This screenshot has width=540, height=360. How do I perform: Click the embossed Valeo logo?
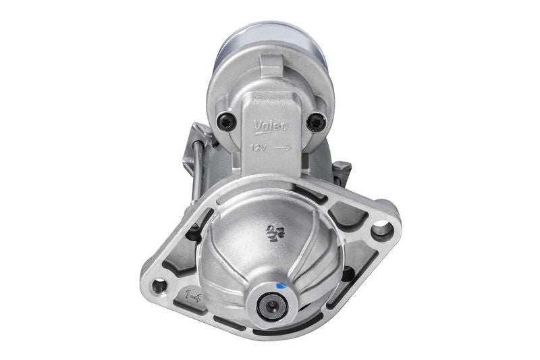coord(271,126)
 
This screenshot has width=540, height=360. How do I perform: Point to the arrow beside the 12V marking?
coord(283,147)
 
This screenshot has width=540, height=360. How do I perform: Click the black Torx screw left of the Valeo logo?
coord(227,122)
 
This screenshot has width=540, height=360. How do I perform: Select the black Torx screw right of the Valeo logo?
coord(316,122)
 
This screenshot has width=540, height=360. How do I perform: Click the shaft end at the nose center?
coord(273,306)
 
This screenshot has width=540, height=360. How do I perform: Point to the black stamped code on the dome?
coord(273,232)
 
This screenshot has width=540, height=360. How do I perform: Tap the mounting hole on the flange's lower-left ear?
coord(159,286)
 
